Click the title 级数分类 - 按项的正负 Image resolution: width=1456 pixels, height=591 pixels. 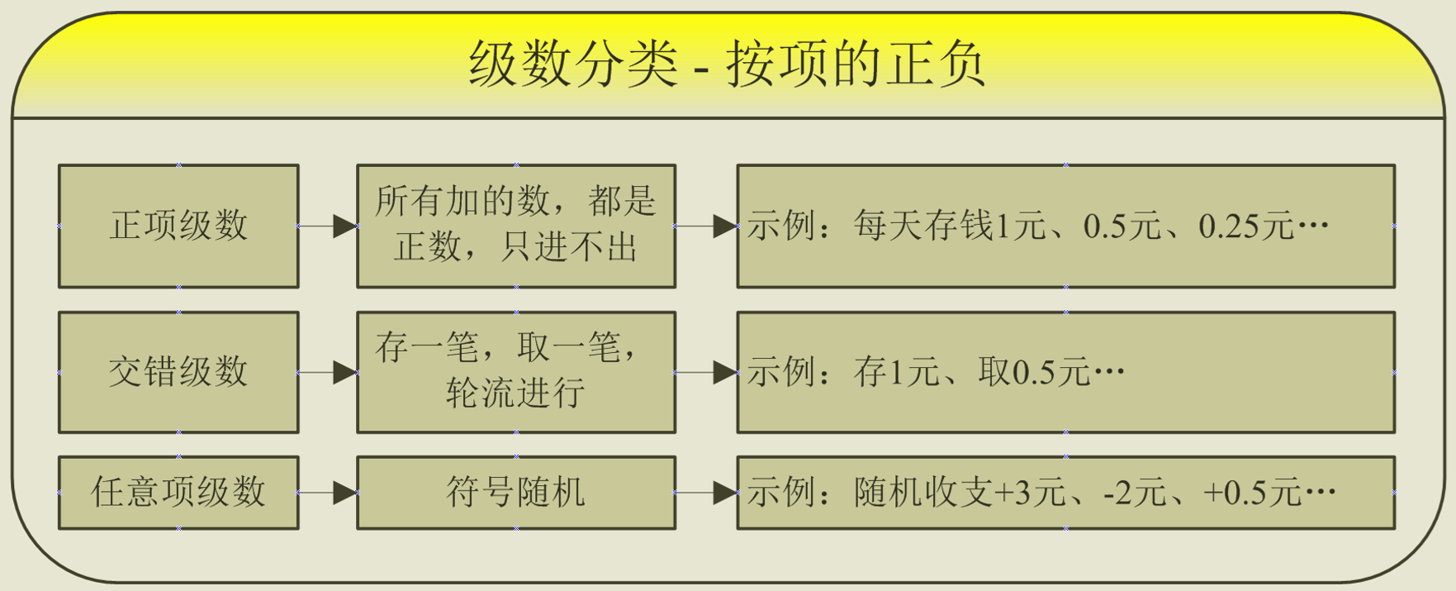coord(727,64)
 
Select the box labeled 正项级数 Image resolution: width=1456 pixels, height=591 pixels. coord(178,226)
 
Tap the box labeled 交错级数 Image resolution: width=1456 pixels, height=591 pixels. coord(178,372)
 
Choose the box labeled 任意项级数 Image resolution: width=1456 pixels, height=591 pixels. coord(178,493)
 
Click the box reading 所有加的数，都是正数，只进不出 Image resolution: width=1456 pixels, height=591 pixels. coord(516,226)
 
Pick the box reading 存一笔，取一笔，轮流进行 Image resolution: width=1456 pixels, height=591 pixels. coord(516,372)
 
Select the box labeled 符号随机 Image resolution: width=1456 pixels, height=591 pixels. coord(516,493)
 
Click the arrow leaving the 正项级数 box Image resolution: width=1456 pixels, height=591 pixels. coord(328,226)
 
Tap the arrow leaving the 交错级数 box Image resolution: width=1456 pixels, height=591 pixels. coord(328,372)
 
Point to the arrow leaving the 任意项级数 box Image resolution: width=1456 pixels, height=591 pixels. coord(328,493)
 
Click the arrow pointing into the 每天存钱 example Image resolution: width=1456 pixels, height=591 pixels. coord(707,226)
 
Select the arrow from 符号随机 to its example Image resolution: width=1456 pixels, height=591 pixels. coord(707,493)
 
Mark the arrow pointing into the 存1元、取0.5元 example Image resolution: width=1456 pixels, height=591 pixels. coord(707,372)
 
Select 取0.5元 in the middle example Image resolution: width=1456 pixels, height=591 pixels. coord(1034,373)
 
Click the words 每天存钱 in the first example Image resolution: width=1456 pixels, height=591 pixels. coord(923,226)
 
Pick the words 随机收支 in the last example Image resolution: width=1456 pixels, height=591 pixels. coord(923,493)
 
